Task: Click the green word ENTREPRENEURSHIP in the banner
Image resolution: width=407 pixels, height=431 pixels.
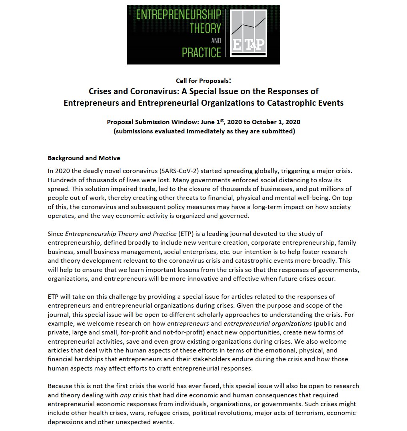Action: pos(178,15)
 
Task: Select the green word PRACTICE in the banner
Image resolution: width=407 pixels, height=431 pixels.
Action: pos(202,52)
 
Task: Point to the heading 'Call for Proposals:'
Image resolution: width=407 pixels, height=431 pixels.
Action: pos(203,81)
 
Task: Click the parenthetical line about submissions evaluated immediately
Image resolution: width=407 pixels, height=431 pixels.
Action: pos(203,131)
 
